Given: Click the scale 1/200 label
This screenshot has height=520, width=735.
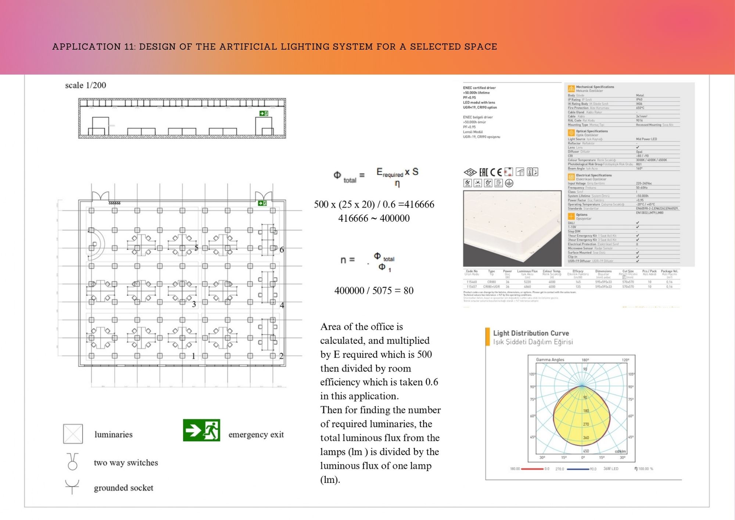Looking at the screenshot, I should click(x=86, y=85).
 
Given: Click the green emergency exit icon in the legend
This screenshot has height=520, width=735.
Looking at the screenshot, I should click(x=201, y=430).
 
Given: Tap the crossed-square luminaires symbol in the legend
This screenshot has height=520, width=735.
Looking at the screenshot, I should click(x=73, y=434).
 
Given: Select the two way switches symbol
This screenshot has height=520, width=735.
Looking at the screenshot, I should click(x=73, y=462).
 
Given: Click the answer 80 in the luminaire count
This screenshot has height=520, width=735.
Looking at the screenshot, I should click(x=408, y=291).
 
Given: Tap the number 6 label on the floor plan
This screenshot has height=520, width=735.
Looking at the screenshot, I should click(x=282, y=250).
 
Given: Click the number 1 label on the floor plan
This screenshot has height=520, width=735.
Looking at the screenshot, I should click(x=194, y=356).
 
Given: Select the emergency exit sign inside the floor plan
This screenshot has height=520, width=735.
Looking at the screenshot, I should click(x=262, y=203).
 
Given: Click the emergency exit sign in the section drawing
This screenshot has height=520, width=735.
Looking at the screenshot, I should click(x=263, y=113).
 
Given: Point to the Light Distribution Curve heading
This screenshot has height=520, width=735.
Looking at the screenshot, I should click(x=531, y=333).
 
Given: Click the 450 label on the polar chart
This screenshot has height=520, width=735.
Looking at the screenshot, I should click(x=586, y=451).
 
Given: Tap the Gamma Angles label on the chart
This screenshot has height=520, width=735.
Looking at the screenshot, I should click(x=550, y=360).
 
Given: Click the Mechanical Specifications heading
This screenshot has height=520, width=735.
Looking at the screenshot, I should click(x=595, y=87).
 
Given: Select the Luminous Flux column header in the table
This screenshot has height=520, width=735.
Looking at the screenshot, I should click(x=527, y=271).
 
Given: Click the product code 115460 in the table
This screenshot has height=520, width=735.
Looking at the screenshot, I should click(x=472, y=282).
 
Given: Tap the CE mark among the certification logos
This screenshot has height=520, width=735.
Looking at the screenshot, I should click(x=496, y=172).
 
